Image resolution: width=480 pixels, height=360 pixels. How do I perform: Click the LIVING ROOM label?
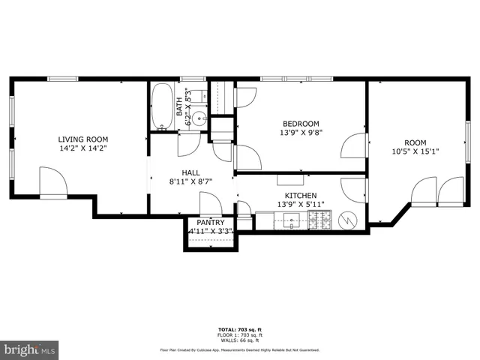tap(83, 139)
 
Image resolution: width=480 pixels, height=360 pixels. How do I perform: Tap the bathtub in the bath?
tap(161, 108)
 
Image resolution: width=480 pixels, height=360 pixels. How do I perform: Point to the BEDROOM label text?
tap(301, 124)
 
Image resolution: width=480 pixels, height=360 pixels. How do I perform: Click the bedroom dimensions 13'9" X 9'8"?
tap(301, 133)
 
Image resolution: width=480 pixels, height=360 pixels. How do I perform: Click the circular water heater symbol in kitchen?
tap(349, 220)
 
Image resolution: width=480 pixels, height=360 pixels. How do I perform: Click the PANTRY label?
tap(211, 223)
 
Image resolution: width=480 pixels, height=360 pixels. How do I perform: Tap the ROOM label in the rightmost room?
tap(415, 142)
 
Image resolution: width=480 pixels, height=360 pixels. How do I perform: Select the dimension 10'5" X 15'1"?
tap(415, 152)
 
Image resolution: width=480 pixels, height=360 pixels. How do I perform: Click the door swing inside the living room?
tap(51, 182)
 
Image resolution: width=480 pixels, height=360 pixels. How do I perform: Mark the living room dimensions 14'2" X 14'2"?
tap(83, 148)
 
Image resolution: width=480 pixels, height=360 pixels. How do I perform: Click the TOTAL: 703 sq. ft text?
tap(239, 329)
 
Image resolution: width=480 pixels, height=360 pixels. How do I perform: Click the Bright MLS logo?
tap(30, 349)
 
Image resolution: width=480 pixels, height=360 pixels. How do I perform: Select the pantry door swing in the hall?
tap(210, 203)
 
